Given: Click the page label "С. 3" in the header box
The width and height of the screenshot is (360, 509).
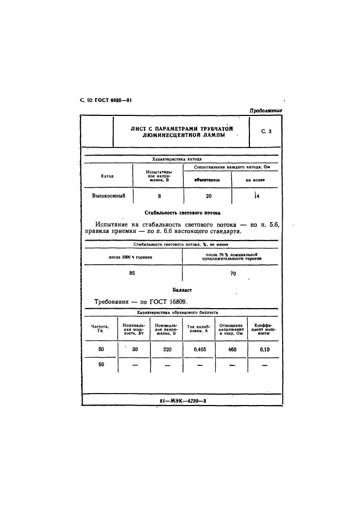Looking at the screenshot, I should click(x=266, y=132).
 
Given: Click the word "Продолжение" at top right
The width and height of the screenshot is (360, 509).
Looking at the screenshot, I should click(x=266, y=111).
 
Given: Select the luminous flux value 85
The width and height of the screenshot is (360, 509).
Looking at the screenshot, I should click(x=132, y=273).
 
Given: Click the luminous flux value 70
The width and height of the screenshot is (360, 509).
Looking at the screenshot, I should click(x=233, y=274).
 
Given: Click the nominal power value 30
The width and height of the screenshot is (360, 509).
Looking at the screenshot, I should click(x=135, y=349).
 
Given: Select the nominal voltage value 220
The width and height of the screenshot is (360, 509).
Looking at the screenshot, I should click(x=167, y=350).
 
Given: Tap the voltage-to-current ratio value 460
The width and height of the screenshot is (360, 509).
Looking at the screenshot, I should click(x=232, y=350).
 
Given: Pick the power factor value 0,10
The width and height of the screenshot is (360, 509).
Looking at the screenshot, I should click(x=264, y=350).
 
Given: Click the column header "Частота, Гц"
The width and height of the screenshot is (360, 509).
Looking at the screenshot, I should click(x=100, y=329).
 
